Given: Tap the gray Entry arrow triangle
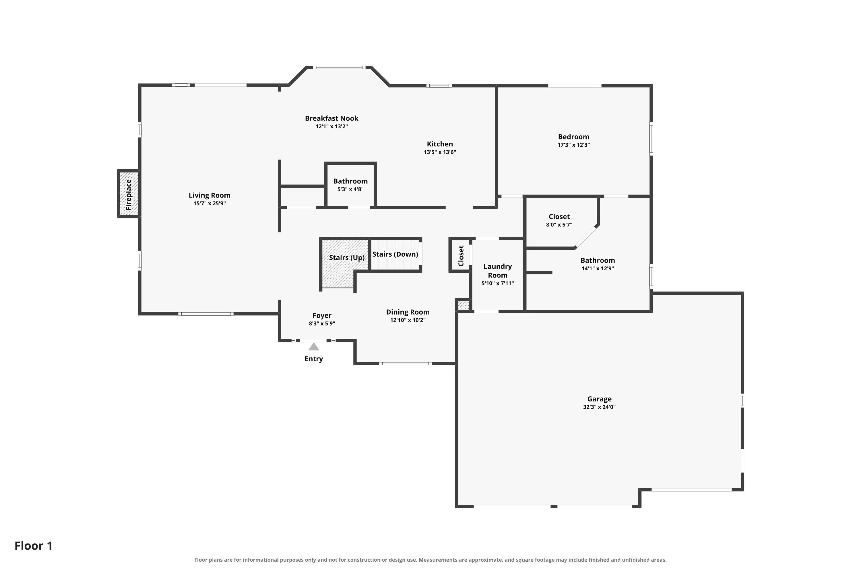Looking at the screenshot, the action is [x=314, y=347].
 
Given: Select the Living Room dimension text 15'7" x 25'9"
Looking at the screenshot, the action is [x=210, y=203].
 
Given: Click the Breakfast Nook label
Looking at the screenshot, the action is [x=332, y=118].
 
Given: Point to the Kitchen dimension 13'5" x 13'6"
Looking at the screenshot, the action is [x=440, y=152].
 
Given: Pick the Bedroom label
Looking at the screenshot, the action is [x=574, y=137].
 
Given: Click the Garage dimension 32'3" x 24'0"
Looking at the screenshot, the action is [x=599, y=407].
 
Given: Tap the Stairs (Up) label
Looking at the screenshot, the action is [x=347, y=258].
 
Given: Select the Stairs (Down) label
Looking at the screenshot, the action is [x=395, y=254].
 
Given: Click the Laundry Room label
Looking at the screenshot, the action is [x=497, y=271].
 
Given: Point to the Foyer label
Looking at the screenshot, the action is [x=322, y=315].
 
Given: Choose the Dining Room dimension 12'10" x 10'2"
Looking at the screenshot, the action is [x=408, y=320].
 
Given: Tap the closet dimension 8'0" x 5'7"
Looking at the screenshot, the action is [x=559, y=225].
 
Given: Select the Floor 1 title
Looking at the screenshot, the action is [x=34, y=546].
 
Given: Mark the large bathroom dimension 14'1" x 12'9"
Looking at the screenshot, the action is [x=598, y=268].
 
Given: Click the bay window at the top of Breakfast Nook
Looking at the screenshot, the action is [x=339, y=67].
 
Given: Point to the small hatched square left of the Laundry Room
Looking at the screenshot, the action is [x=464, y=305].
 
